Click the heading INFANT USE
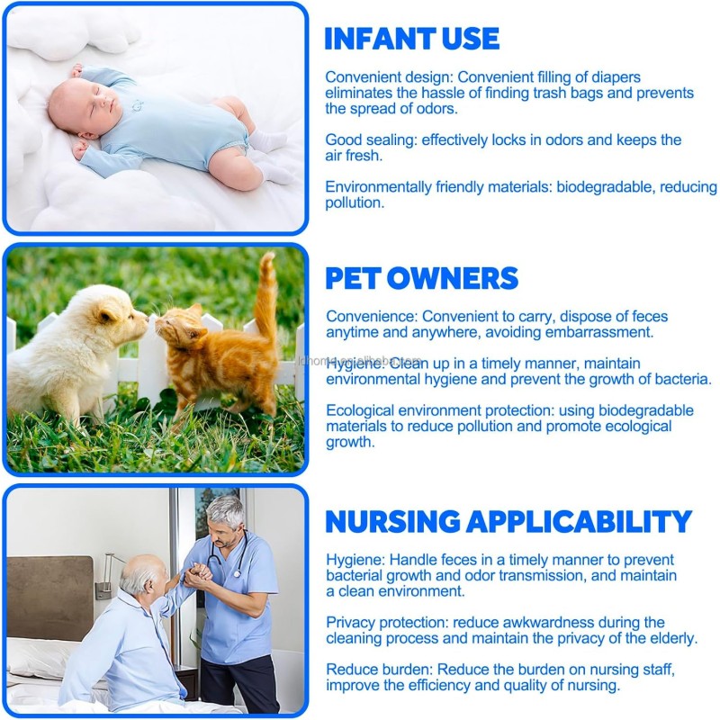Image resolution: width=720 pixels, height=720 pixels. (x=411, y=38)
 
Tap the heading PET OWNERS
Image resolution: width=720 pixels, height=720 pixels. (x=421, y=278)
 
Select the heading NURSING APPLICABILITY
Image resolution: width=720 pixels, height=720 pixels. (x=508, y=521)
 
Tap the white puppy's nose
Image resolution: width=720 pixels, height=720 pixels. (x=147, y=319)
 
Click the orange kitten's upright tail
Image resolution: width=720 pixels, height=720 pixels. (x=266, y=295)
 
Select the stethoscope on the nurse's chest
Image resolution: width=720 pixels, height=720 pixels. (x=229, y=556)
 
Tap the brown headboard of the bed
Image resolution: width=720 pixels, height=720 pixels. (x=49, y=598)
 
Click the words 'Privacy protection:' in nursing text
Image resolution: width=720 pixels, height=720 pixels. (x=387, y=623)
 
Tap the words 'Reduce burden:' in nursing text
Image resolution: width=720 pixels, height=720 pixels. (x=379, y=670)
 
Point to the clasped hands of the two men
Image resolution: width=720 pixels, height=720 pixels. (x=198, y=575)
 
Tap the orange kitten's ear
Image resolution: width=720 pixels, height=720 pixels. (x=195, y=311)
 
